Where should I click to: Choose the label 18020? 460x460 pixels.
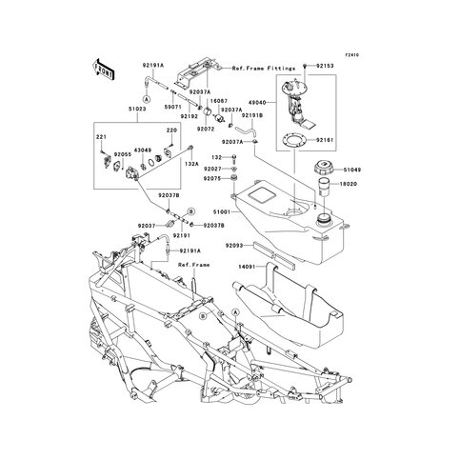click(352, 189)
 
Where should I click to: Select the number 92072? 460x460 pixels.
click(208, 128)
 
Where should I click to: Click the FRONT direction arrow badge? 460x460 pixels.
click(103, 70)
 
